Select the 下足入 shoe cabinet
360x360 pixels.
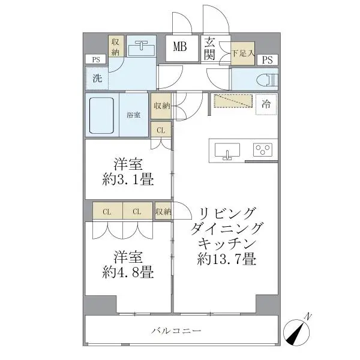(x=243, y=54)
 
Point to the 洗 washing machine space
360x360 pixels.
(x=97, y=77)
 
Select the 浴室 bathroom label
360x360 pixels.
(x=134, y=115)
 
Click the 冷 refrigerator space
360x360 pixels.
(x=266, y=104)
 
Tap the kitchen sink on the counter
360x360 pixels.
(x=227, y=150)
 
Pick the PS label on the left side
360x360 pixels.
(x=95, y=59)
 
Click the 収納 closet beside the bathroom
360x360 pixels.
(x=161, y=106)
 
